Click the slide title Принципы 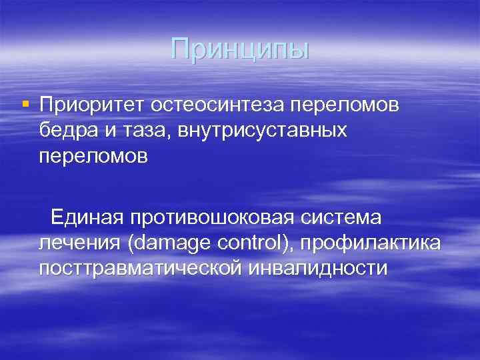[240, 49]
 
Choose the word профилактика [370, 243]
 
